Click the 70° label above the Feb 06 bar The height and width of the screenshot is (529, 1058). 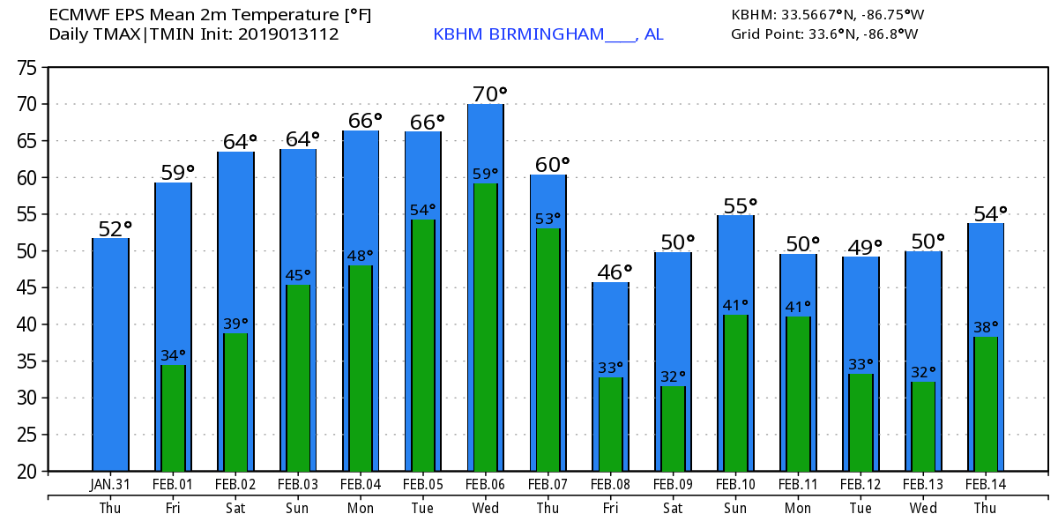[490, 93]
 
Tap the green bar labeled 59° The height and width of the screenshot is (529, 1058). [485, 326]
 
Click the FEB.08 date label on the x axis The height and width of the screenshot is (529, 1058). [611, 485]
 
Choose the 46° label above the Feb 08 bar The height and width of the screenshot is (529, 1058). [615, 272]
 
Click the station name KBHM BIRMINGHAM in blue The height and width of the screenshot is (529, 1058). [519, 34]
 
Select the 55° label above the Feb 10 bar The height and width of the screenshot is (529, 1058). [741, 205]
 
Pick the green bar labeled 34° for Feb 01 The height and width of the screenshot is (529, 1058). [173, 418]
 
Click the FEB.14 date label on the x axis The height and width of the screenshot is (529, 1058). [986, 485]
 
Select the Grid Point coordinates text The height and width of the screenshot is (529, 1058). [824, 34]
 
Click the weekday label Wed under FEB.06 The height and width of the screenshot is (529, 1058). [486, 509]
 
